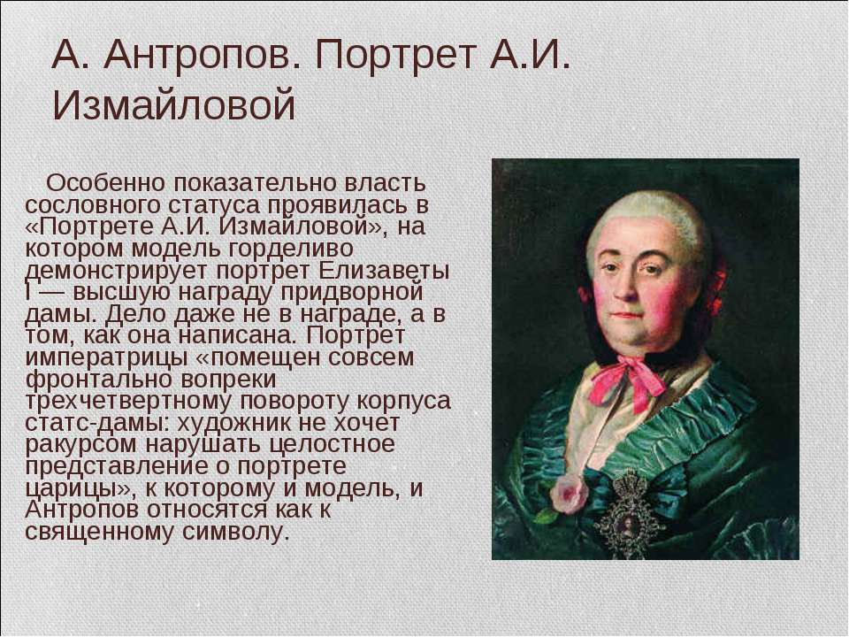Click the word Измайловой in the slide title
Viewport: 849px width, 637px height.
(173, 105)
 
